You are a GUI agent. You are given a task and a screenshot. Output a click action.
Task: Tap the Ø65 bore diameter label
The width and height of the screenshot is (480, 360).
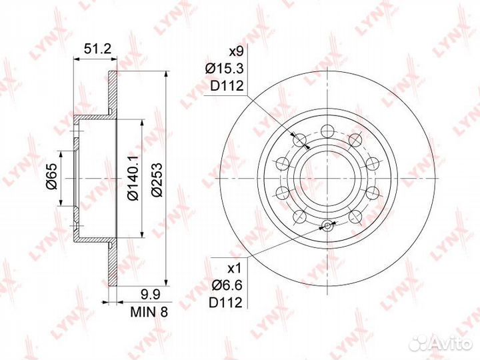pos(52,180)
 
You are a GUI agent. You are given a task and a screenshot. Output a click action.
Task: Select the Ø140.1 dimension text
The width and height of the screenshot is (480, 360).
pos(133,177)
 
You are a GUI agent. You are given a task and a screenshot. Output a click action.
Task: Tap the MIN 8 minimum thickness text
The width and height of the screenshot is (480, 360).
pos(149,311)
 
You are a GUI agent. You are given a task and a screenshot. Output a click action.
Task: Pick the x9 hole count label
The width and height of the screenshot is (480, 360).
pos(236,52)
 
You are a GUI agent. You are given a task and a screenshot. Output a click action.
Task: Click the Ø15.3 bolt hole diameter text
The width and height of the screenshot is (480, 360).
pos(225,69)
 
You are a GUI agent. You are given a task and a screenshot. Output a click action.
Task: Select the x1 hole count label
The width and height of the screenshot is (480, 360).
pos(235,269)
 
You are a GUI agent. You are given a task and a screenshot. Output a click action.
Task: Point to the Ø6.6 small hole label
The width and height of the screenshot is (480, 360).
pos(227,285)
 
